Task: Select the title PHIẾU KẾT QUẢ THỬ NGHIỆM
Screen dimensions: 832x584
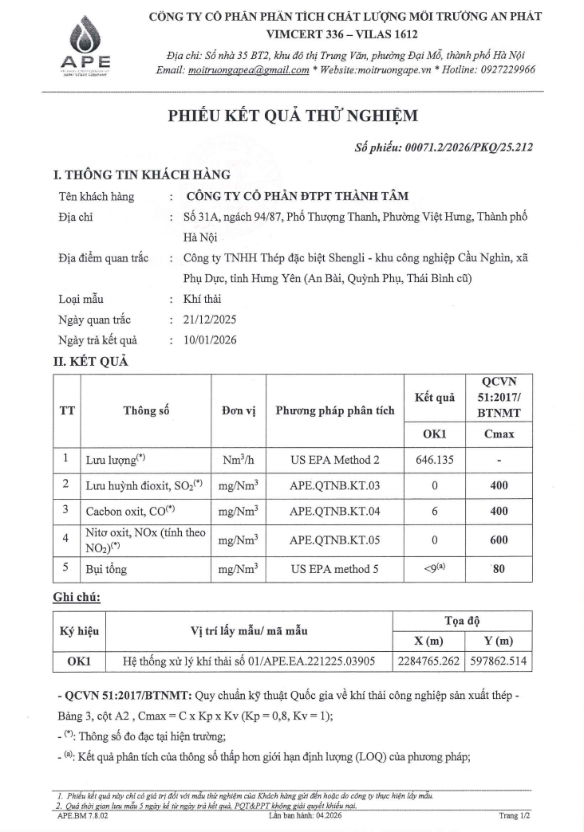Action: [x=292, y=116]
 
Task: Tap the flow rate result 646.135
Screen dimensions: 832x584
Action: [x=435, y=460]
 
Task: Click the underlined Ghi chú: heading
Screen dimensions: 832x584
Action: [x=77, y=597]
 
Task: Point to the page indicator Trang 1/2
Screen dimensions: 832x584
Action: [x=514, y=816]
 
